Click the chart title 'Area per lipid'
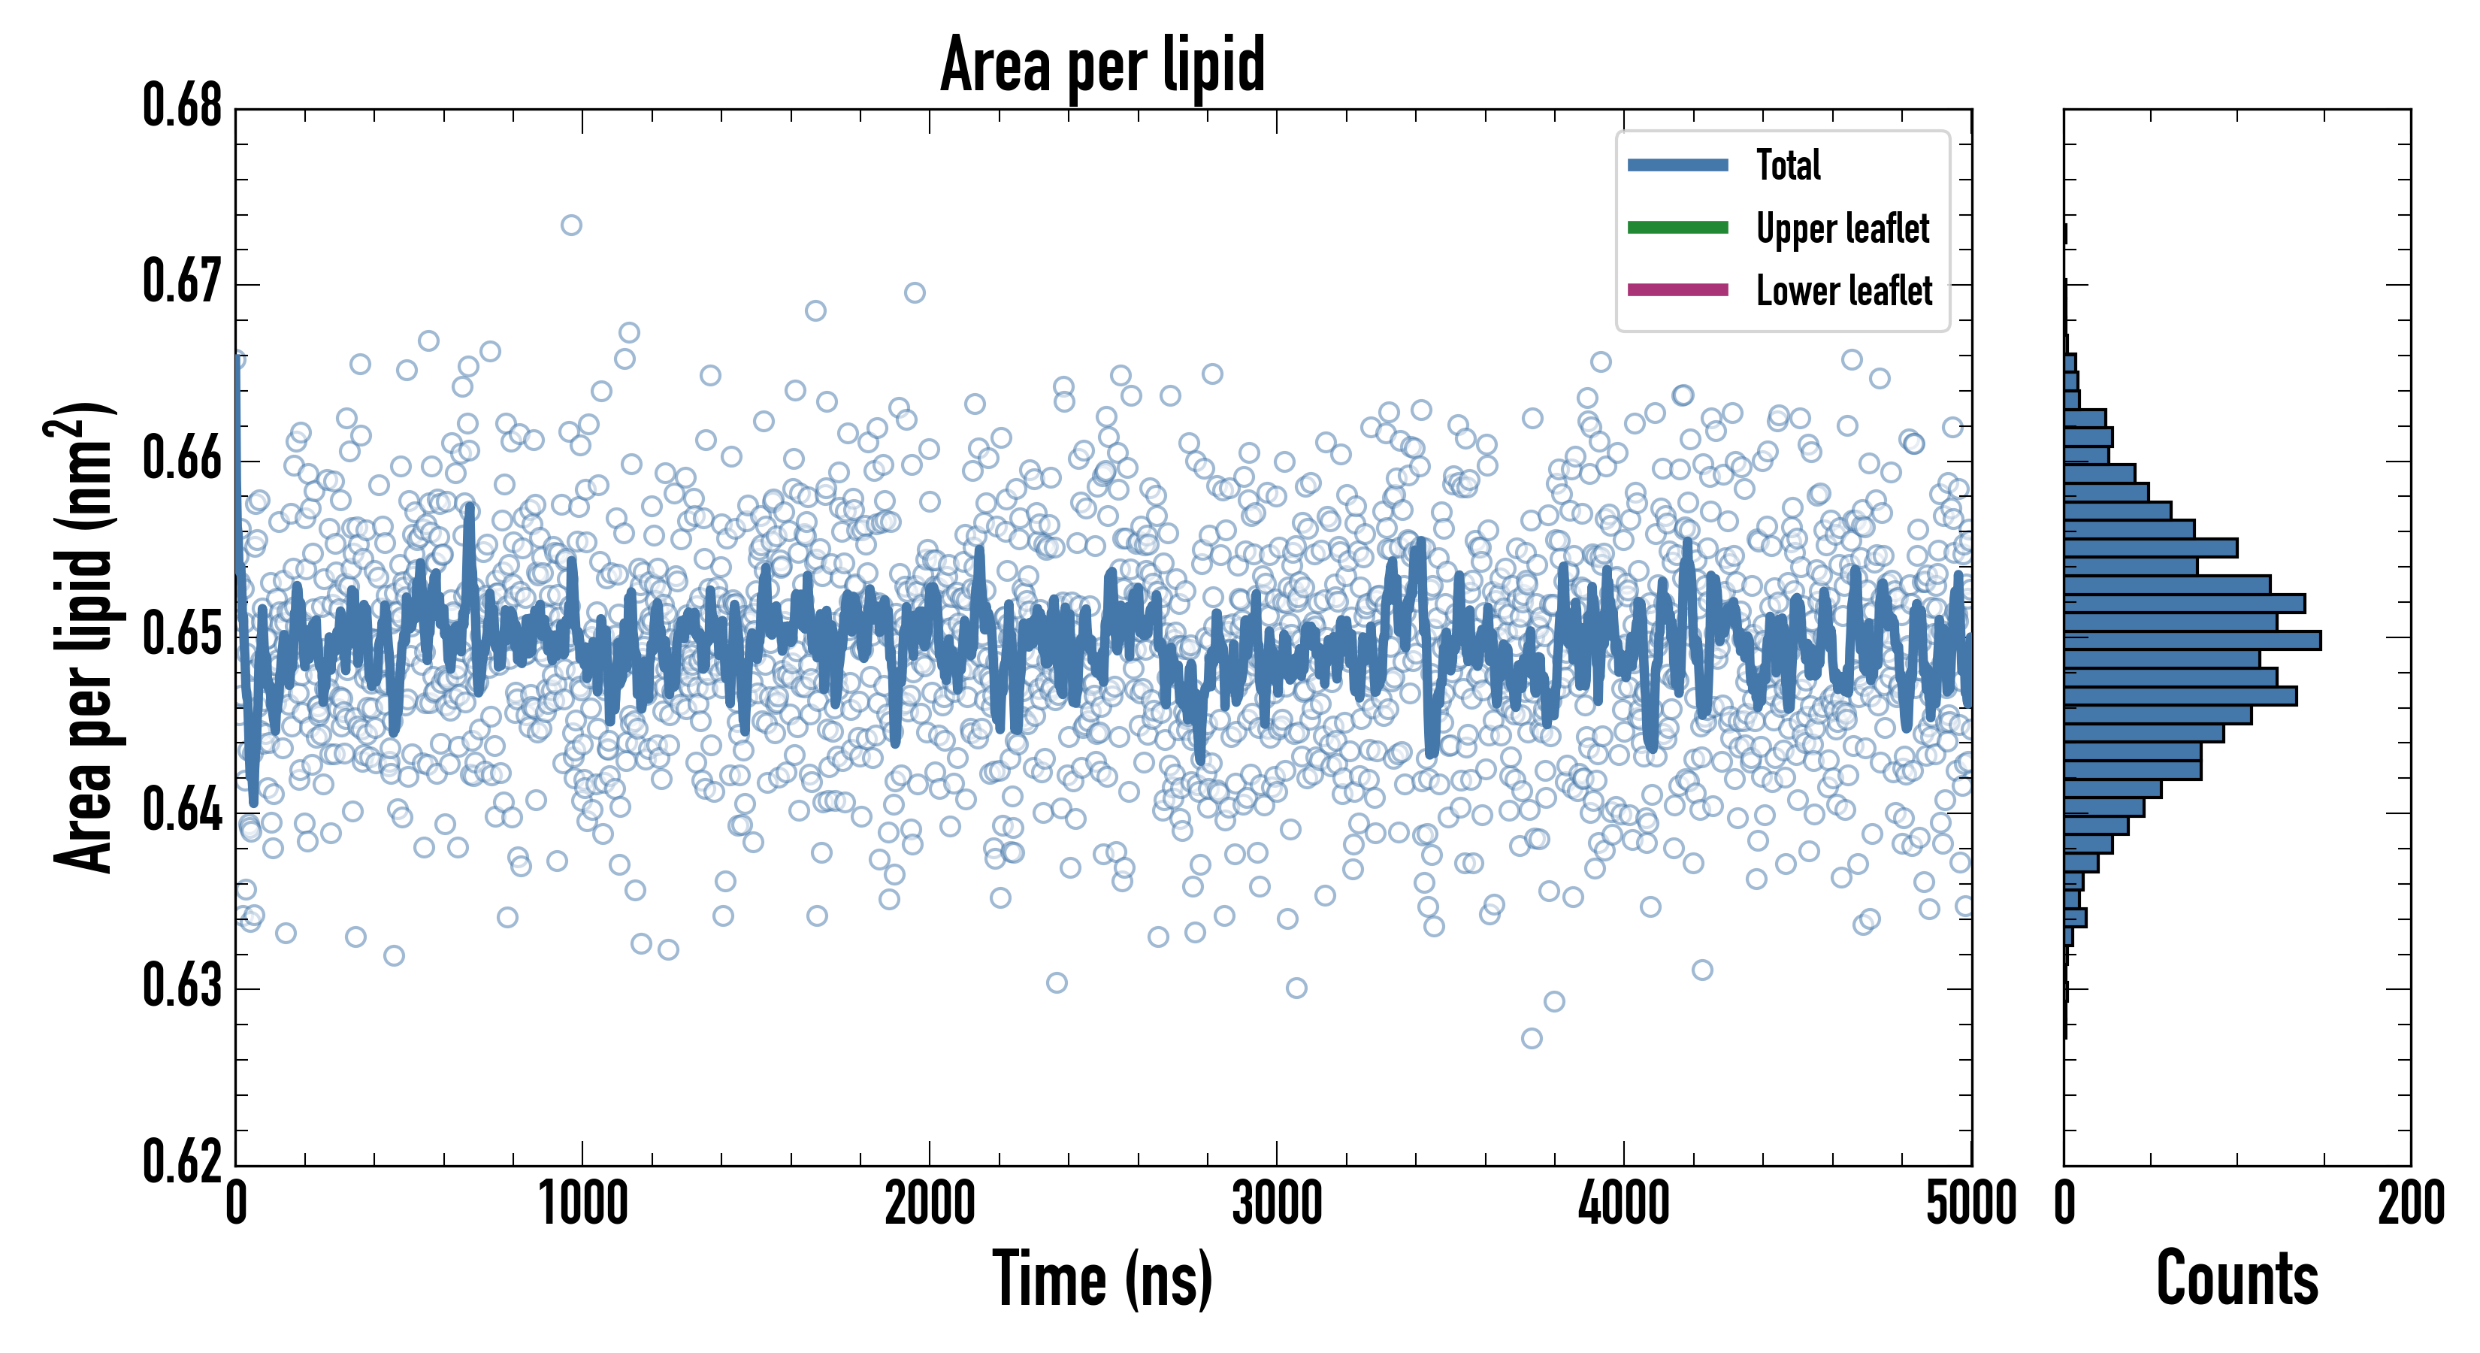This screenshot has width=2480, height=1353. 1102,65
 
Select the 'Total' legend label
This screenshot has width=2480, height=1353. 1788,165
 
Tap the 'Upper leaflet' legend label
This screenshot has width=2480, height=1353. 1843,229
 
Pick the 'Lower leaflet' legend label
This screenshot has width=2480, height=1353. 1843,291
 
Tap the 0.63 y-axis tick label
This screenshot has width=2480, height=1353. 183,986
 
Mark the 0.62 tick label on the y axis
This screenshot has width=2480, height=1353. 183,1161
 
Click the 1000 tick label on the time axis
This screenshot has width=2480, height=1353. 582,1203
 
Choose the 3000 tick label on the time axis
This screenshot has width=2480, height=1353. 1277,1203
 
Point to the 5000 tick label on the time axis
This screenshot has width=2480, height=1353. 1970,1203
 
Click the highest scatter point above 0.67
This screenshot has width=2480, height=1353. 571,225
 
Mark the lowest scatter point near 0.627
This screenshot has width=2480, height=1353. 1532,1038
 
